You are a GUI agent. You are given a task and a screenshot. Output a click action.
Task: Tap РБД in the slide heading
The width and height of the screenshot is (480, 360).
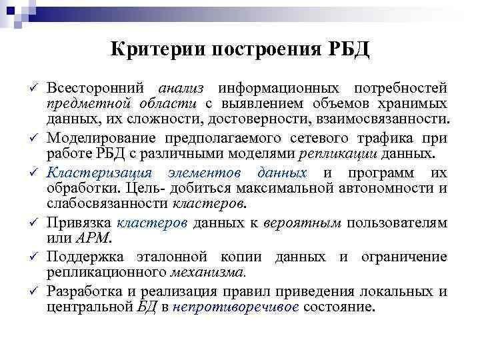(346, 50)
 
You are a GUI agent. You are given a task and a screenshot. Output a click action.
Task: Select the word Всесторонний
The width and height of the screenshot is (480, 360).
(97, 89)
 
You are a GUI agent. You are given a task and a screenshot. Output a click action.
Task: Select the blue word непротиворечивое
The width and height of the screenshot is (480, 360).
(238, 307)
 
